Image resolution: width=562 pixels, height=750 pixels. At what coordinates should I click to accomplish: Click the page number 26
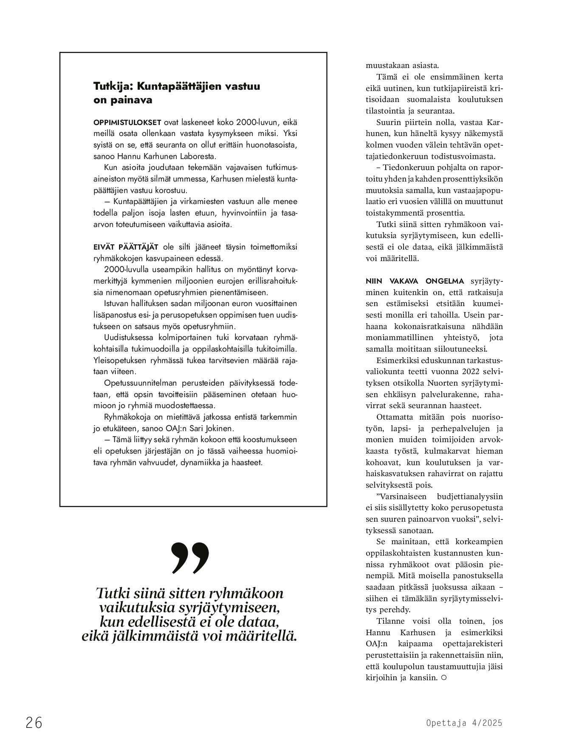pos(34,723)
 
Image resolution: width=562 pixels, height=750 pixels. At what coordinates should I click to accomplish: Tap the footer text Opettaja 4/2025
pos(464,723)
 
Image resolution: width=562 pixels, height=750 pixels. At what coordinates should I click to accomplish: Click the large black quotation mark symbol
pos(190,557)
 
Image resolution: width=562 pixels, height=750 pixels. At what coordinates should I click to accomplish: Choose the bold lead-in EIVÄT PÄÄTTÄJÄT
pos(126,247)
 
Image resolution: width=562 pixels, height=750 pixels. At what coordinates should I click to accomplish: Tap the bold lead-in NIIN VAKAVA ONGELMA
pos(415,281)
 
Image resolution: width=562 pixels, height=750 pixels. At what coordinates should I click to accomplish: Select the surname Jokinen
pos(220,428)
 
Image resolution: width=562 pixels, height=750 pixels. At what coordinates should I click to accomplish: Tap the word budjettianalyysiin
pos(470,496)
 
